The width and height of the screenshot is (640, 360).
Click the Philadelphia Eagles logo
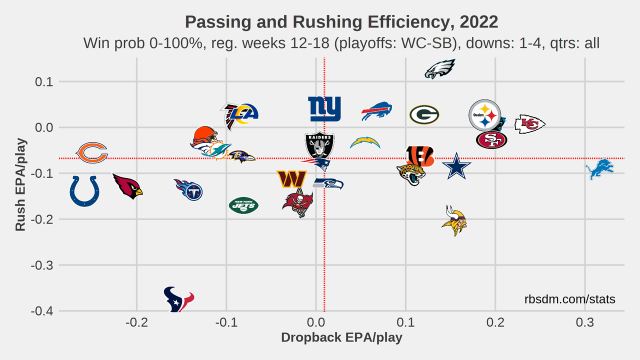pyautogui.click(x=440, y=69)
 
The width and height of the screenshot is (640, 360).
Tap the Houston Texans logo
pyautogui.click(x=178, y=299)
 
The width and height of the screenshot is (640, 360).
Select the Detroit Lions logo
pyautogui.click(x=599, y=169)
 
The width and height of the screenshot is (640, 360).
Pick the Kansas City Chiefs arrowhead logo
pyautogui.click(x=529, y=123)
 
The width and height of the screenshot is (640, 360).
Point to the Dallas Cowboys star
pyautogui.click(x=456, y=166)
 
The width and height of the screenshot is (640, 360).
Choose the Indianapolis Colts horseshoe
pyautogui.click(x=84, y=190)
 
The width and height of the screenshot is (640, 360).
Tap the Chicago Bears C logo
pyautogui.click(x=91, y=152)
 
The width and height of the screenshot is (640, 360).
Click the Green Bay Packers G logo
pyautogui.click(x=424, y=114)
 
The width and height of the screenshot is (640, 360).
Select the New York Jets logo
pyautogui.click(x=243, y=205)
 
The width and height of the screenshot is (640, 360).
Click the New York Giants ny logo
pyautogui.click(x=324, y=109)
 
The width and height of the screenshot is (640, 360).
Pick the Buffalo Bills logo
pyautogui.click(x=377, y=111)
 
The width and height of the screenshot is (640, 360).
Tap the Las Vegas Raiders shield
pyautogui.click(x=319, y=145)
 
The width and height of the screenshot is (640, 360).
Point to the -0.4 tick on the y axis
pyautogui.click(x=43, y=311)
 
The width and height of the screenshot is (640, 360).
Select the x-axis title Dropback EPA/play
pyautogui.click(x=341, y=337)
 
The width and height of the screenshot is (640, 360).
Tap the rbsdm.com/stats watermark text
pyautogui.click(x=570, y=299)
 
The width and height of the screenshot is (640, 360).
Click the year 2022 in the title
pyautogui.click(x=479, y=22)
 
